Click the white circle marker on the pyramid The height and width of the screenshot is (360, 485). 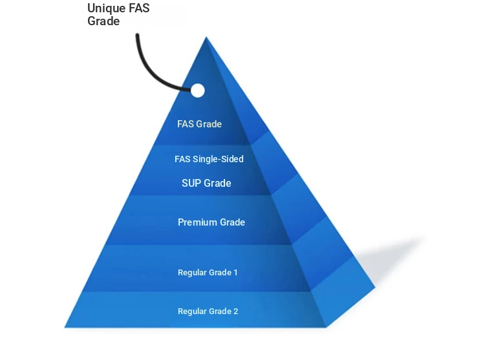197,90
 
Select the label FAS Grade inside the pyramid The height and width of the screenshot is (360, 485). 200,124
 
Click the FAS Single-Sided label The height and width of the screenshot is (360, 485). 209,159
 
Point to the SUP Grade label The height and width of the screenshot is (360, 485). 206,183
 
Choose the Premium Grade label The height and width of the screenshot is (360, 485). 211,222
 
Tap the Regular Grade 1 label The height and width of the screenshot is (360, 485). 208,272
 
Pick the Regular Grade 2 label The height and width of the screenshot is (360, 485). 208,311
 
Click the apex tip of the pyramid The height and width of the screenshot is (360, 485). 206,37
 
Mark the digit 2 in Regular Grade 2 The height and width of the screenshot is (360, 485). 235,311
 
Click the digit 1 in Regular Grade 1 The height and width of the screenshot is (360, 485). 235,272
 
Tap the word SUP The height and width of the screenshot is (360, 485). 191,183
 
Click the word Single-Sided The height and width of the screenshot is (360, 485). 218,159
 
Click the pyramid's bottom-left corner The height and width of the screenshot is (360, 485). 64,327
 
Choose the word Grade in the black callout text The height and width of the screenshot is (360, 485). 103,21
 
